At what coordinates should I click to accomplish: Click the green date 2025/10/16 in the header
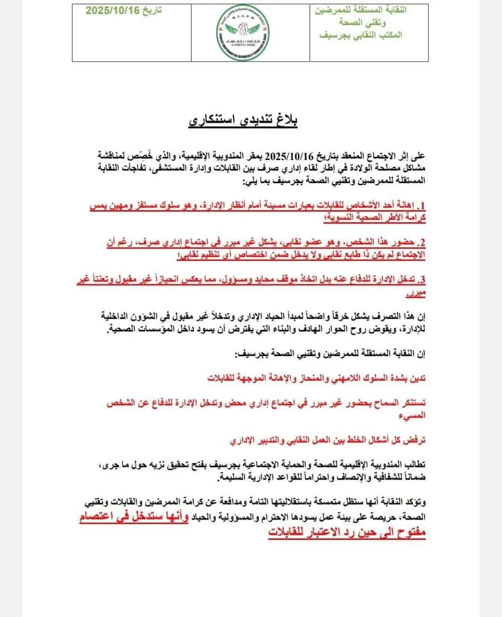[110, 11]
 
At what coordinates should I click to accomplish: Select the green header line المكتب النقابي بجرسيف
[361, 35]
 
